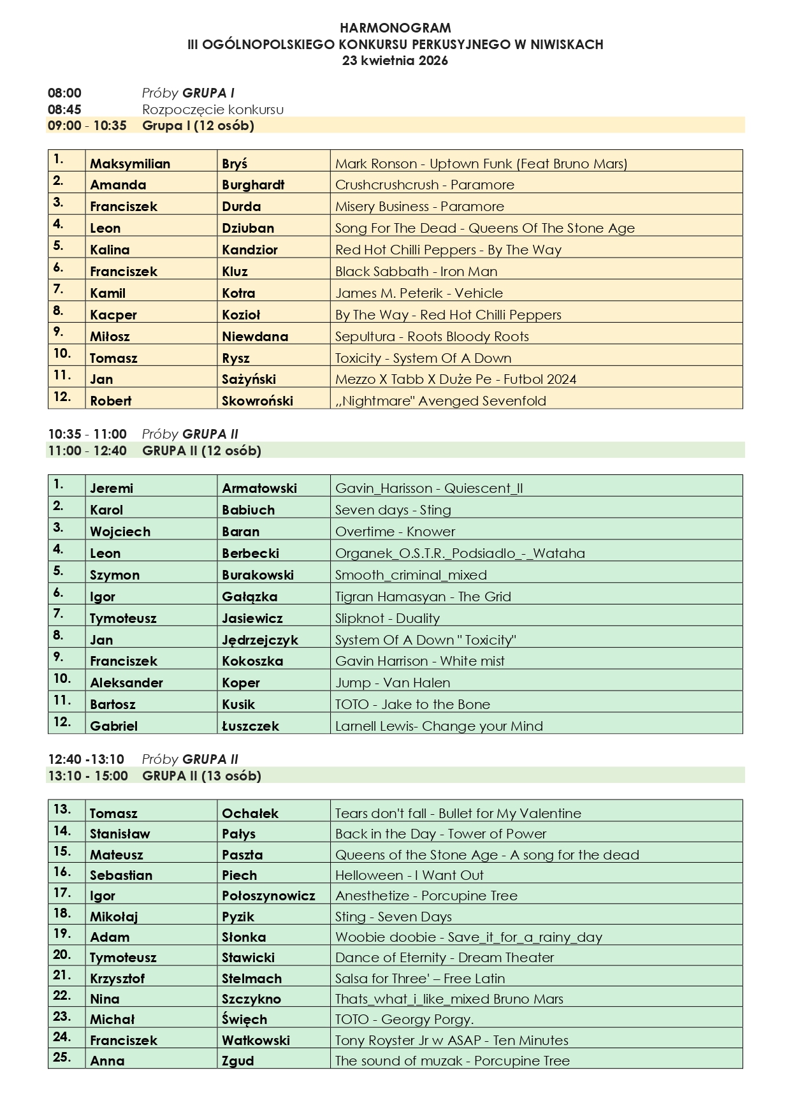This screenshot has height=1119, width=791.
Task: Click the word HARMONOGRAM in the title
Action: click(x=395, y=28)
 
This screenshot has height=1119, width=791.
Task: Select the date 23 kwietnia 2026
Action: click(x=395, y=61)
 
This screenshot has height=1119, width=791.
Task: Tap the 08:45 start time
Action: click(x=64, y=110)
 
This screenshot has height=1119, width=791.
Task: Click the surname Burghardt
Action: click(x=253, y=185)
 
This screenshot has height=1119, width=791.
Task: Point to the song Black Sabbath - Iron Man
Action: click(x=416, y=272)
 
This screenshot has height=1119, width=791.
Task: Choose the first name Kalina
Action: click(x=110, y=250)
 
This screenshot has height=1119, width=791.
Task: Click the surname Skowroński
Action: click(x=258, y=401)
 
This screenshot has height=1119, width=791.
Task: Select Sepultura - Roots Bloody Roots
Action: click(x=432, y=337)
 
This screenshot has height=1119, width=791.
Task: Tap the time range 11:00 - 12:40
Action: click(x=87, y=451)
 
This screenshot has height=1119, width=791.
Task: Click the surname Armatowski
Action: click(x=259, y=488)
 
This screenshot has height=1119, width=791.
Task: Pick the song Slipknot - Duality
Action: click(x=388, y=618)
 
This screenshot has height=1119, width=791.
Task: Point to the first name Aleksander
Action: click(x=126, y=683)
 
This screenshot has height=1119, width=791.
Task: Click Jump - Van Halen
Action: click(x=393, y=683)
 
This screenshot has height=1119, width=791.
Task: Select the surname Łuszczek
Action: click(x=250, y=726)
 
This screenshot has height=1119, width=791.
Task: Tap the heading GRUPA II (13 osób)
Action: click(x=202, y=776)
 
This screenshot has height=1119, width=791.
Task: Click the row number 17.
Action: click(x=62, y=893)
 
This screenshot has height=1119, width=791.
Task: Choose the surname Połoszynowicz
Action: click(x=268, y=896)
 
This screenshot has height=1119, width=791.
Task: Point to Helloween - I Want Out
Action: click(x=409, y=875)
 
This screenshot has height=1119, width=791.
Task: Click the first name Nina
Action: click(x=105, y=999)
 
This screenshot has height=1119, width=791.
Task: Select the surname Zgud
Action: click(x=238, y=1061)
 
